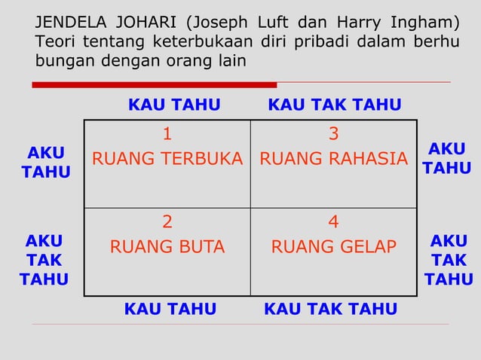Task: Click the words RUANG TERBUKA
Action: (167, 160)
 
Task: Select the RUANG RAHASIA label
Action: (333, 160)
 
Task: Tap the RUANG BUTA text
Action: (167, 247)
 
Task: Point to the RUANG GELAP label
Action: (333, 247)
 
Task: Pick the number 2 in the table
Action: (167, 222)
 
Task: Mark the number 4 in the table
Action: (333, 222)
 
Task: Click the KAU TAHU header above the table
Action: (174, 105)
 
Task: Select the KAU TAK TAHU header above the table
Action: (335, 105)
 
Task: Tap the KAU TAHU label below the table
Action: (170, 310)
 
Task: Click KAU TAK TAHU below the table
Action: (330, 310)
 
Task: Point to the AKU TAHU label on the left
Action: (45, 163)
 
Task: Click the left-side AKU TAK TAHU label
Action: (44, 261)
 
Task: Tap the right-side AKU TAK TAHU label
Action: (449, 261)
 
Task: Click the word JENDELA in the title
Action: (69, 19)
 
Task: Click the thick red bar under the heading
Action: (155, 85)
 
